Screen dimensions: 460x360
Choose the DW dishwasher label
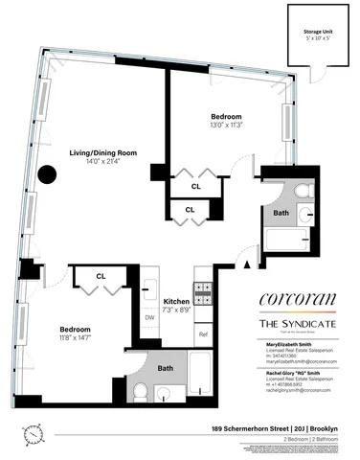[149, 317]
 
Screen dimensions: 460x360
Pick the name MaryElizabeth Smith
[281, 342]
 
